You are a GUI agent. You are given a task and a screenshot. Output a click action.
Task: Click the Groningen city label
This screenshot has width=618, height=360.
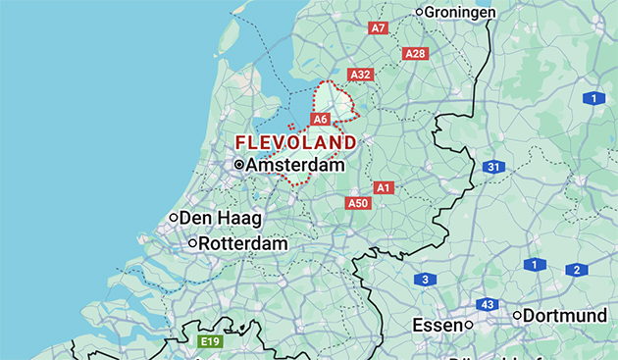(461, 12)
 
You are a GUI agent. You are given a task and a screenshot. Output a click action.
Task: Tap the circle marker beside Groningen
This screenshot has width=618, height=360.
(420, 12)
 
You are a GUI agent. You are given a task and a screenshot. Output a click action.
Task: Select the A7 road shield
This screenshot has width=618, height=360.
(379, 28)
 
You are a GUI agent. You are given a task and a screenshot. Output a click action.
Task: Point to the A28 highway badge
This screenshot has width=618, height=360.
(415, 53)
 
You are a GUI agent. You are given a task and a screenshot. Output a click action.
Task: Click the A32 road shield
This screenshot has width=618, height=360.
(361, 75)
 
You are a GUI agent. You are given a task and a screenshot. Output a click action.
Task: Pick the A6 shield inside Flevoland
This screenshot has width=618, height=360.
(320, 119)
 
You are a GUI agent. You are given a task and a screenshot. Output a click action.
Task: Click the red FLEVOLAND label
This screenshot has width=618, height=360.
(296, 142)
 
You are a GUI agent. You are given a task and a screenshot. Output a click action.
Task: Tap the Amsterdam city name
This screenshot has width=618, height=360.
(295, 166)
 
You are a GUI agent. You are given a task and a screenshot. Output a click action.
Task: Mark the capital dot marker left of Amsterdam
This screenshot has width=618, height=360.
(238, 166)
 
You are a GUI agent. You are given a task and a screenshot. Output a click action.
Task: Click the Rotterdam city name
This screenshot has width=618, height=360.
(243, 243)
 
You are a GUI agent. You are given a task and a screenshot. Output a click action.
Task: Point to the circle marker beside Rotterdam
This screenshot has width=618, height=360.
(193, 243)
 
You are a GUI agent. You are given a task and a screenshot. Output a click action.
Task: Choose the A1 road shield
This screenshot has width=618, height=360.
(384, 187)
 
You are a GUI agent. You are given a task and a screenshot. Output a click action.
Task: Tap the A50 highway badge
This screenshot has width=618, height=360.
(358, 203)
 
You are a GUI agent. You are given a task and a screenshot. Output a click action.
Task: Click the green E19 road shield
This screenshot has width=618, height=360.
(209, 341)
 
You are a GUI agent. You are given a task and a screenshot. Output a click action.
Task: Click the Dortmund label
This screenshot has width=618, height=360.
(564, 316)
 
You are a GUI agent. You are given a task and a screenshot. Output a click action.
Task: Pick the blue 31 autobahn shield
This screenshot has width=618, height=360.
(493, 168)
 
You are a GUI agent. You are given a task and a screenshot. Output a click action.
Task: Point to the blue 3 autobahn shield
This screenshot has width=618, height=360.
(424, 280)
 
